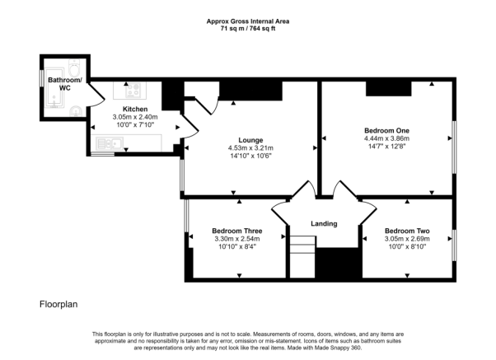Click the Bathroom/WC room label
[x=65, y=84]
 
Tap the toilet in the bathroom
[x=75, y=68]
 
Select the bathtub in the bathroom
[x=54, y=87]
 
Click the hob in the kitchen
[x=133, y=90]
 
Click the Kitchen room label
[x=135, y=109]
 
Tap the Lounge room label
[x=250, y=140]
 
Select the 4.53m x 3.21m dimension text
[x=250, y=148]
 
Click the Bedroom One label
[x=386, y=131]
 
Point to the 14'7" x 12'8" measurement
[x=386, y=147]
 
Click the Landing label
[x=324, y=223]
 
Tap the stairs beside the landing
[x=302, y=257]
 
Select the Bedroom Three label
[x=237, y=231]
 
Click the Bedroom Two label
[x=407, y=231]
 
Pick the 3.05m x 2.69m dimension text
[x=407, y=239]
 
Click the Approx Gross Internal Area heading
[x=248, y=21]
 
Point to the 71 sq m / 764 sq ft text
[x=248, y=29]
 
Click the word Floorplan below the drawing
[x=58, y=304]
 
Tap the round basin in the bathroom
[x=76, y=111]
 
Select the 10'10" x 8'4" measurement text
[x=237, y=247]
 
